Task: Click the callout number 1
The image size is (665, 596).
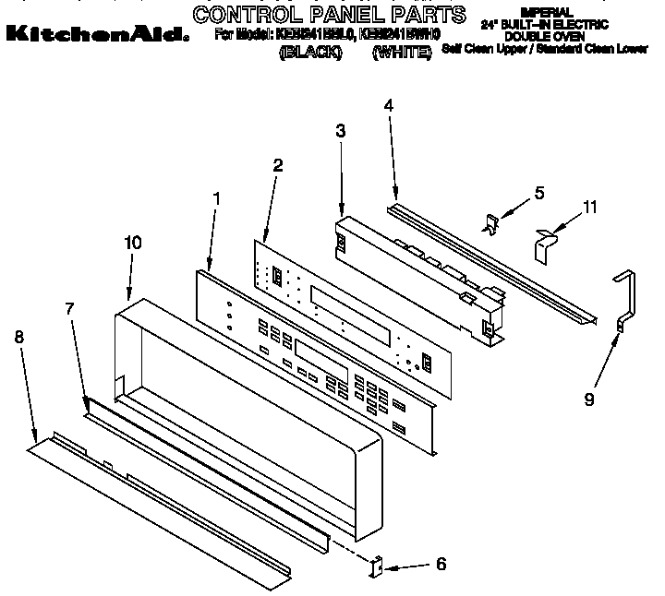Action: click(x=216, y=197)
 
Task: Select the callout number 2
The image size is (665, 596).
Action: click(x=278, y=165)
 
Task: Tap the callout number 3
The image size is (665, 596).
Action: click(x=341, y=132)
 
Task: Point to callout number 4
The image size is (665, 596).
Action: click(x=389, y=105)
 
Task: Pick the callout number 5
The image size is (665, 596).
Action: click(x=539, y=193)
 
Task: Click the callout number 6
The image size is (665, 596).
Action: click(x=440, y=563)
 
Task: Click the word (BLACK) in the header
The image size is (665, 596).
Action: click(x=309, y=54)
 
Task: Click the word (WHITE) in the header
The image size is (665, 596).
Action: click(x=402, y=54)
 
